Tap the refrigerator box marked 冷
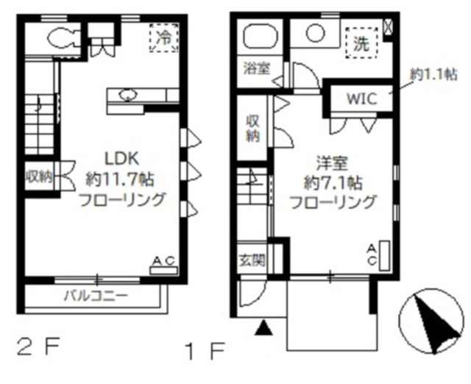pos(164,38)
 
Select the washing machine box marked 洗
pos(361,43)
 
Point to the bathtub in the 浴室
pos(261,36)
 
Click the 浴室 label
pos(257,68)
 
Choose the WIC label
pos(361,99)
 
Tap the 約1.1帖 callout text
pos(433,74)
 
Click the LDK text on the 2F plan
pos(121,158)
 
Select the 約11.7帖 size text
pos(120,179)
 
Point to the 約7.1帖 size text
pos(333,182)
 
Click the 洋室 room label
pos(332,163)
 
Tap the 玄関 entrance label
pos(252,260)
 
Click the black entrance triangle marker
pos(263,327)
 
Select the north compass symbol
pos(431,321)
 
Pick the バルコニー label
pos(96,296)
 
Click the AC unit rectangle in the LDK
pos(163,271)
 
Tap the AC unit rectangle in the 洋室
pos(384,255)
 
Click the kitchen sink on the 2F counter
pos(128,95)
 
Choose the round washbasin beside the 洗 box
pos(316,33)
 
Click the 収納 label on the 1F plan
pos(253,129)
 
